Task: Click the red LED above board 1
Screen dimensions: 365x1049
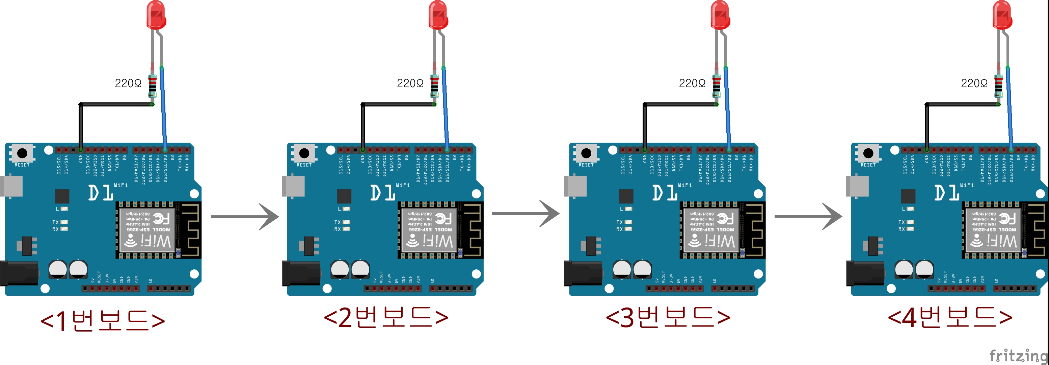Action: pos(156,16)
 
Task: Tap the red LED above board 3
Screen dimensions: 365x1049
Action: pos(720,16)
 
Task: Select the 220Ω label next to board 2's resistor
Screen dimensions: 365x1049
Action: pos(410,83)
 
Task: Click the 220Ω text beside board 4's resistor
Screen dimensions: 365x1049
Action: pos(974,83)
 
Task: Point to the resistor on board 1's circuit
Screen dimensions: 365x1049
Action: pos(152,86)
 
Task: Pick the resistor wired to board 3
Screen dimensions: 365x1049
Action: pos(716,86)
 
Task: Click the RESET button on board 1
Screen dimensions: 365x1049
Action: pos(22,153)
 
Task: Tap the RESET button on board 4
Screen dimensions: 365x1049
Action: pos(868,153)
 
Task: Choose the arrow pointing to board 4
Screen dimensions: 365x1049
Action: pos(808,216)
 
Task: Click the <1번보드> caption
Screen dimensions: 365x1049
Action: pos(103,320)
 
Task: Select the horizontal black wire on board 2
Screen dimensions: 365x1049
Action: pos(398,104)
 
